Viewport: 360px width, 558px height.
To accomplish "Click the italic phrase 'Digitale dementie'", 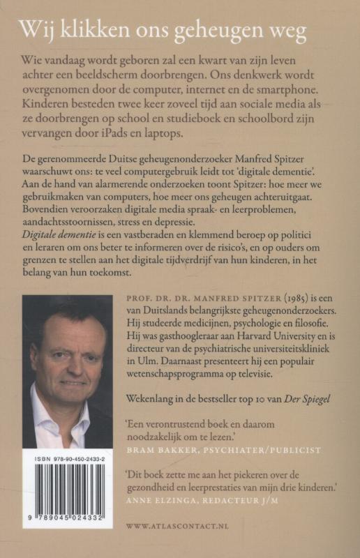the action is point(58,257).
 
